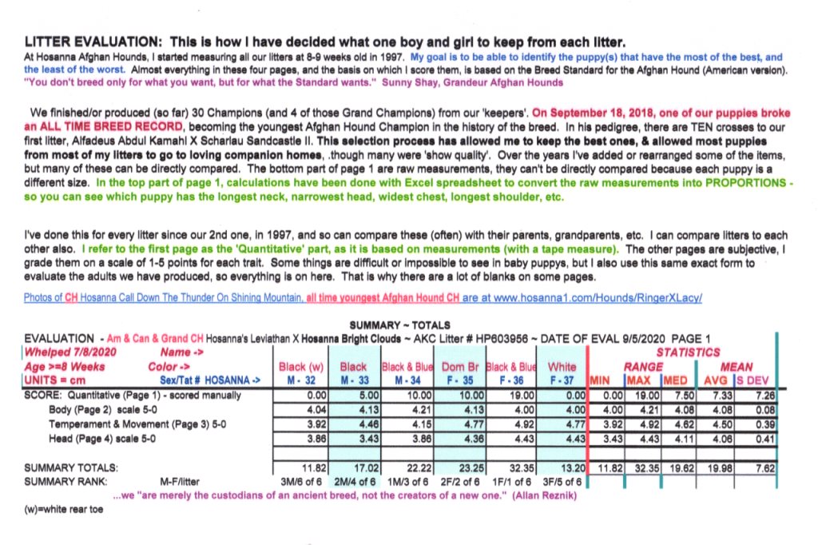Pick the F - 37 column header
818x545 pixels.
[x=561, y=380]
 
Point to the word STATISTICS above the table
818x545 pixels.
[x=688, y=352]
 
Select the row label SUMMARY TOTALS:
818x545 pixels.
[x=72, y=467]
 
